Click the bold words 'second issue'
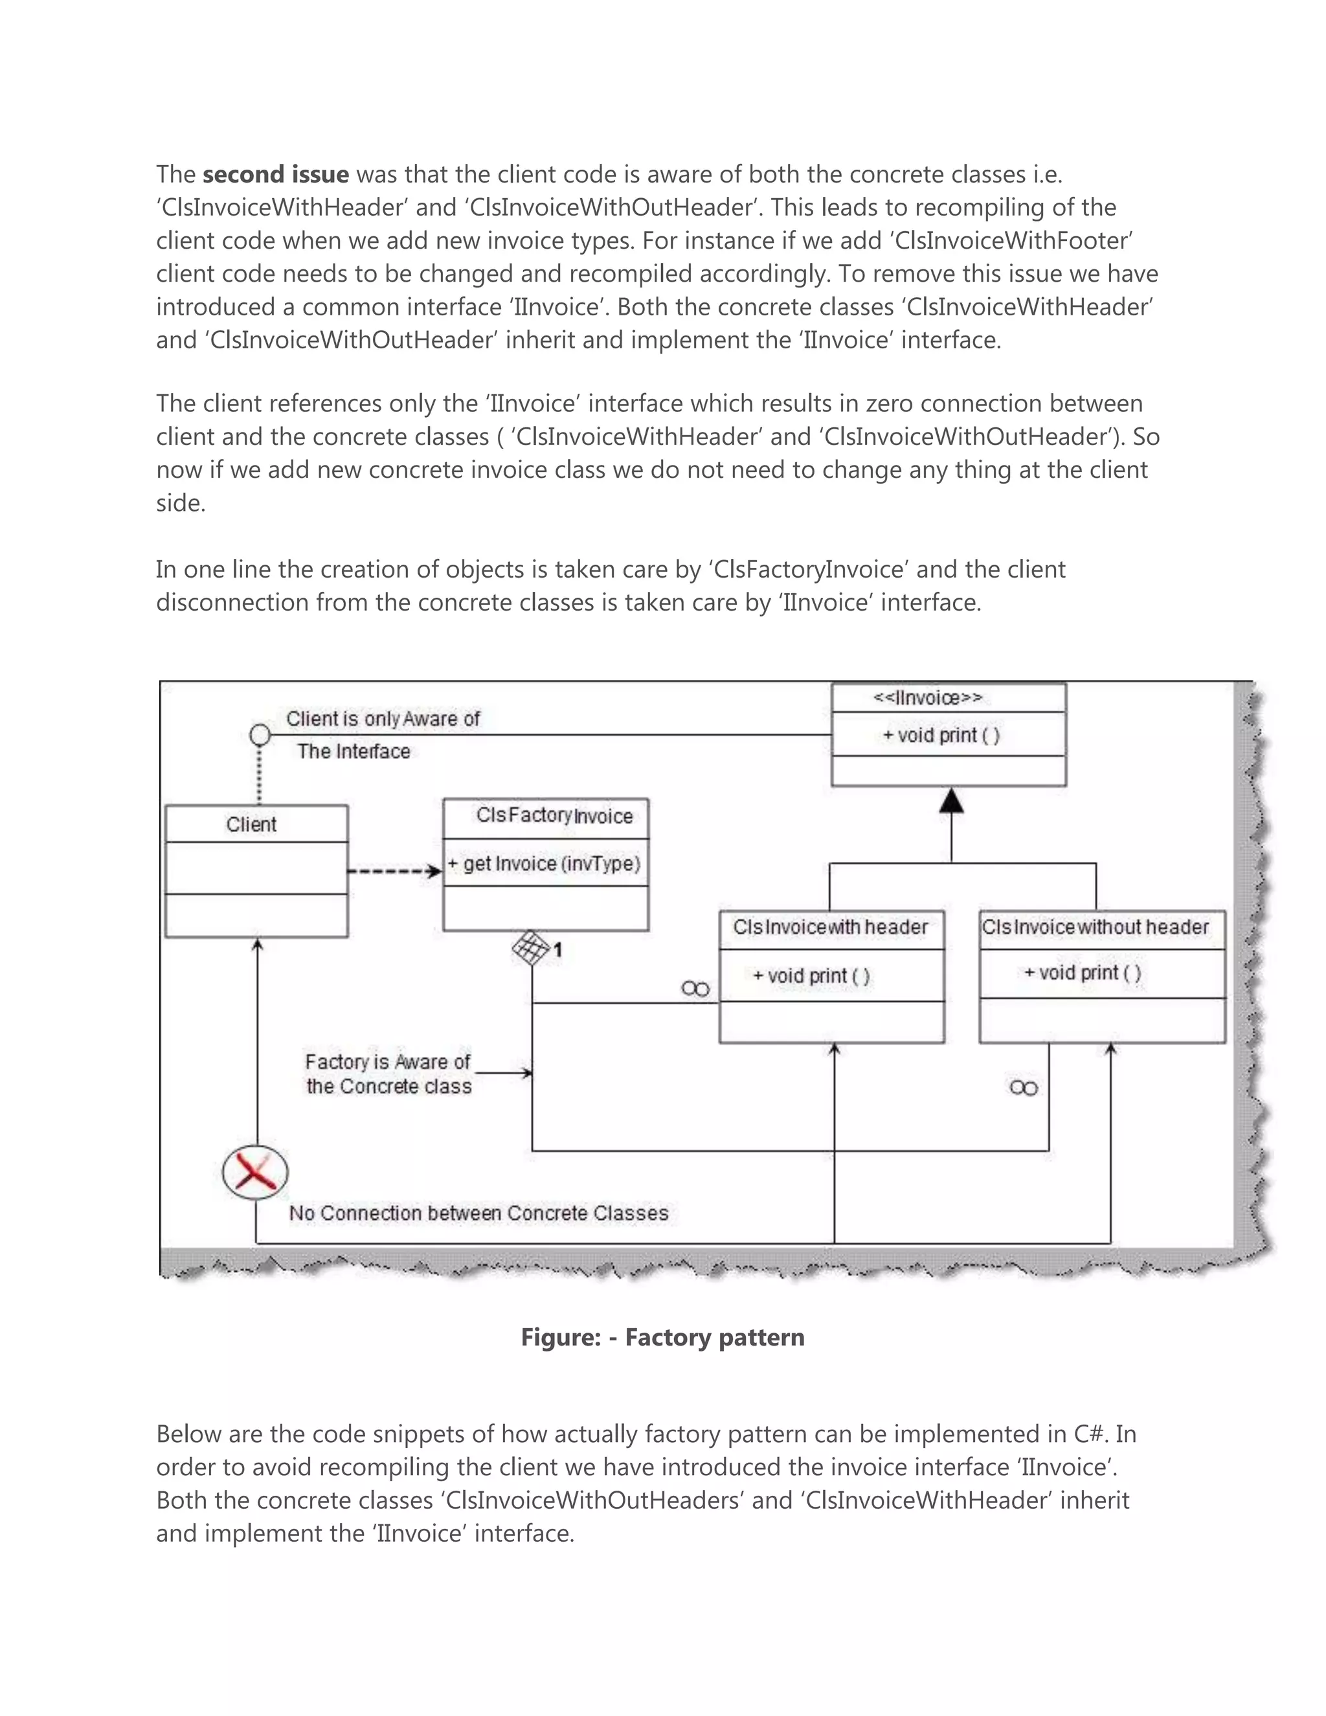click(x=275, y=174)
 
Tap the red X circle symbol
click(x=255, y=1173)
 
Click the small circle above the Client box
click(x=259, y=736)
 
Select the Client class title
click(x=251, y=824)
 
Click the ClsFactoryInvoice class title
click(x=554, y=815)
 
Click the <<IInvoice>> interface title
click(x=928, y=697)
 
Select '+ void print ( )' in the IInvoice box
click(x=941, y=736)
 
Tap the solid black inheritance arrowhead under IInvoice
click(x=951, y=802)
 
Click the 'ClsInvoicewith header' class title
click(x=830, y=927)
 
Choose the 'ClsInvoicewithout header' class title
click(x=1095, y=927)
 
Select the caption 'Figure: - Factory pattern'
click(x=662, y=1337)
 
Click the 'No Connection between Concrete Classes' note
click(x=478, y=1213)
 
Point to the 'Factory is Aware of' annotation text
click(x=387, y=1061)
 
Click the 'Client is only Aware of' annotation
click(x=383, y=719)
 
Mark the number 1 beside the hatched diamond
click(x=557, y=951)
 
